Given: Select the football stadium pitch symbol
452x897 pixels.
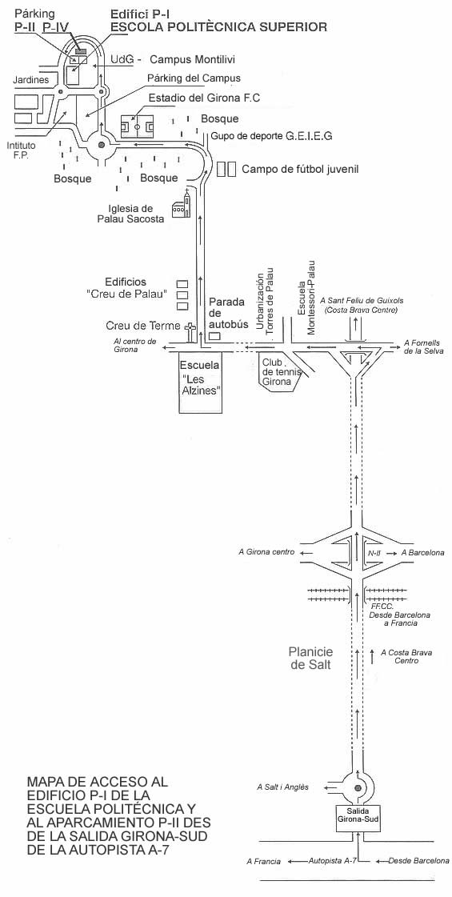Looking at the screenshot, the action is pyautogui.click(x=138, y=126).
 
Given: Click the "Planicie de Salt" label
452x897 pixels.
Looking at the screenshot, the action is pyautogui.click(x=310, y=658).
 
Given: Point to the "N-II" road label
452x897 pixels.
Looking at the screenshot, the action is pyautogui.click(x=374, y=553).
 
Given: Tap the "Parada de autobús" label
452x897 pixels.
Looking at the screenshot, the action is pyautogui.click(x=228, y=313).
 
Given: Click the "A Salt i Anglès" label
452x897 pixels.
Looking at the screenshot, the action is pyautogui.click(x=282, y=787).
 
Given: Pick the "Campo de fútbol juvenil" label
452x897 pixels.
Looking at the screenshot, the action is pyautogui.click(x=300, y=170).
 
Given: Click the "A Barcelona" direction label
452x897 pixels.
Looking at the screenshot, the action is pyautogui.click(x=423, y=553).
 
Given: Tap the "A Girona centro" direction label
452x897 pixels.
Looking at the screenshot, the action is pyautogui.click(x=266, y=553).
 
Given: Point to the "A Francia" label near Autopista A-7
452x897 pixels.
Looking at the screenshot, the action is pyautogui.click(x=263, y=861).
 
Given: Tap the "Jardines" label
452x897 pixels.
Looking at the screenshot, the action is pyautogui.click(x=31, y=80).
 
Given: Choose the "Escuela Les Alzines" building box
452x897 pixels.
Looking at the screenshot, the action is pyautogui.click(x=200, y=382).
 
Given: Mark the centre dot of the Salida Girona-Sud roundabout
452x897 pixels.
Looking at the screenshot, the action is pyautogui.click(x=358, y=788).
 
